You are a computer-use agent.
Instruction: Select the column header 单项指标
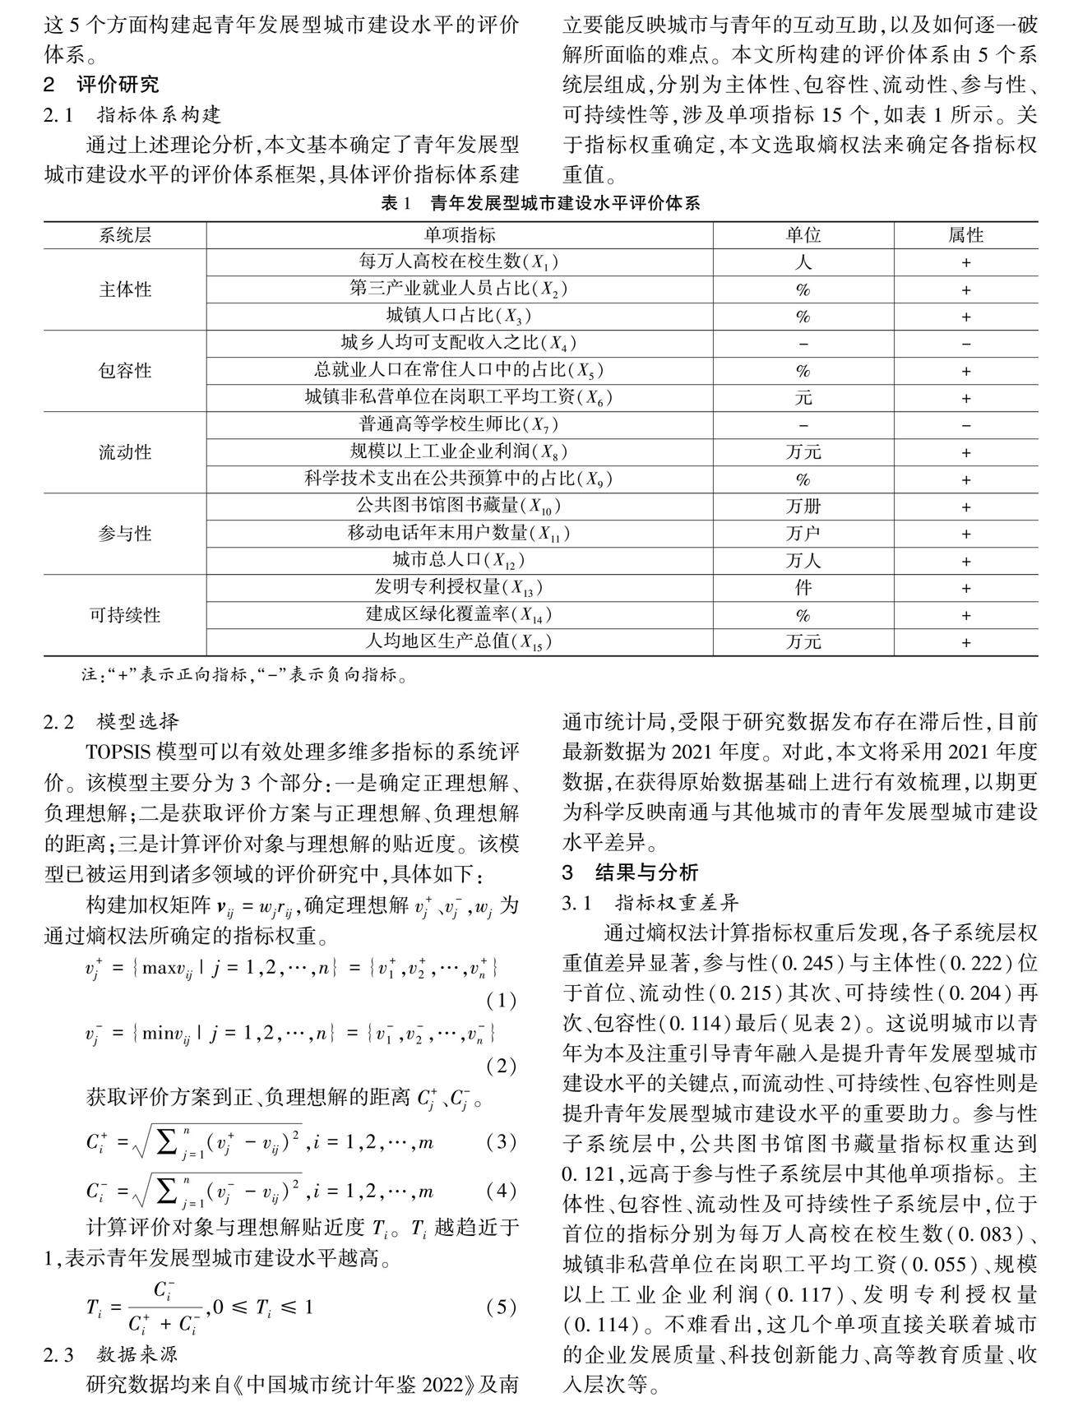point(460,235)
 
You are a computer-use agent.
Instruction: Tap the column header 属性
point(965,235)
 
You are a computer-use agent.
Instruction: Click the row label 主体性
point(125,289)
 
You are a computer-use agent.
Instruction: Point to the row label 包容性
point(125,370)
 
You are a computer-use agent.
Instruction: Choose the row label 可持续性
point(125,614)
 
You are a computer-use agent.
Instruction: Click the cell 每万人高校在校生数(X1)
point(459,262)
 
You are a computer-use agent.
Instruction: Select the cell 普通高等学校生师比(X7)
point(459,425)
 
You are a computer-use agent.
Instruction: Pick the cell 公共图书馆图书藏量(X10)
point(459,506)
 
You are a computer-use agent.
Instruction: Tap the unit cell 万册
point(803,506)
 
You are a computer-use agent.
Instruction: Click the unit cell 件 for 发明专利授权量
point(803,587)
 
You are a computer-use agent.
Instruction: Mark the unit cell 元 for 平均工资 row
point(803,398)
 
